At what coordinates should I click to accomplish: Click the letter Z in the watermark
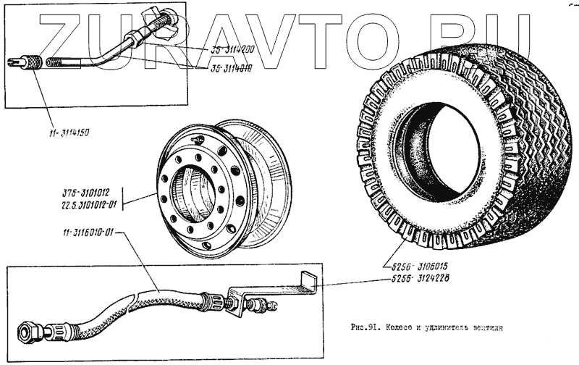point(61,36)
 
